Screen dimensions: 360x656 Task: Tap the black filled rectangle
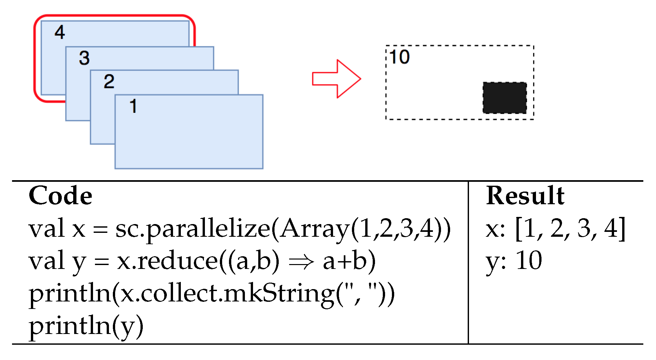coord(504,98)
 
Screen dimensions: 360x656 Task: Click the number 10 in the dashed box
coord(399,57)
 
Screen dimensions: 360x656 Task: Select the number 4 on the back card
coord(60,33)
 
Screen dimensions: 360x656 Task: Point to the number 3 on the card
coord(84,58)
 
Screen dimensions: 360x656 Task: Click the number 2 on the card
coord(109,81)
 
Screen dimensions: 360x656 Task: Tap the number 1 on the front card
coord(133,106)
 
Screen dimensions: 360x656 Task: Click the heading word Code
coord(60,196)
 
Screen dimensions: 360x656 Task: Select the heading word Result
coord(525,196)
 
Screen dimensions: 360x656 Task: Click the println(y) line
coord(86,326)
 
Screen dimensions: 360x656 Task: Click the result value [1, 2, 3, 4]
coord(570,229)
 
